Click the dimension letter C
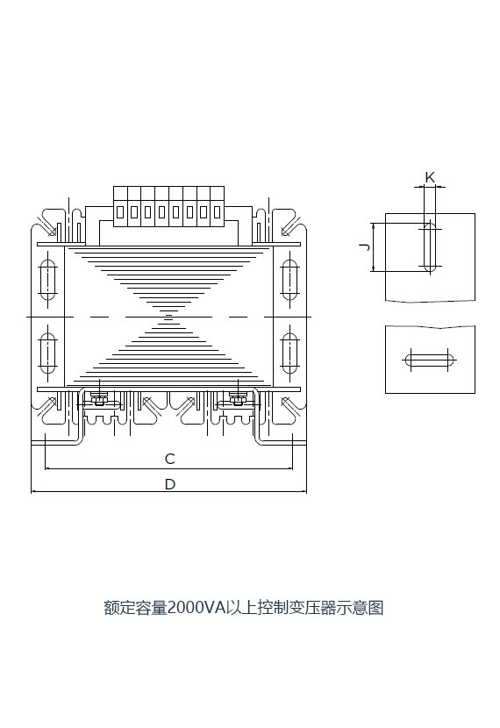170,459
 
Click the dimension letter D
170,484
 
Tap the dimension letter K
430,177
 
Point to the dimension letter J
366,246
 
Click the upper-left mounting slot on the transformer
48,280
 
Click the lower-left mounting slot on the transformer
48,353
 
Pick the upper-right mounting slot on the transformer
289,280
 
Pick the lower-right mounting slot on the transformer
289,353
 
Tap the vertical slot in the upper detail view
430,246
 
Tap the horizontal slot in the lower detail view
430,360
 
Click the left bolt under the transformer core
99,400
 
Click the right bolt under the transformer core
238,400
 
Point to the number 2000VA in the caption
196,608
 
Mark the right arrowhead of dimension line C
289,469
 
